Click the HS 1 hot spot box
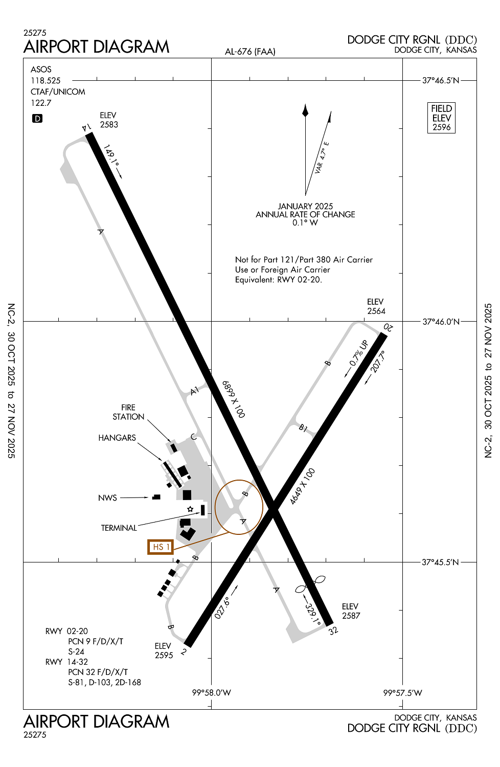pyautogui.click(x=160, y=547)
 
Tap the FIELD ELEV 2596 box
pyautogui.click(x=441, y=118)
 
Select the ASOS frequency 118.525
pyautogui.click(x=46, y=81)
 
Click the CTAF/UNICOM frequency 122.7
pyautogui.click(x=41, y=103)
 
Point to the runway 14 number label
pyautogui.click(x=86, y=127)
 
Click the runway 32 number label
pyautogui.click(x=333, y=630)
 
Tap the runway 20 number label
pyautogui.click(x=389, y=327)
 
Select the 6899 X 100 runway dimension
pyautogui.click(x=234, y=399)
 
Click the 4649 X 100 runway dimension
pyautogui.click(x=302, y=486)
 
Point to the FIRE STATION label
pyautogui.click(x=128, y=412)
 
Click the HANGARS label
pyautogui.click(x=117, y=438)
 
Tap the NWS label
pyautogui.click(x=107, y=498)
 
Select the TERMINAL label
pyautogui.click(x=119, y=528)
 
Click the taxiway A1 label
pyautogui.click(x=194, y=391)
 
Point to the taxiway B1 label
pyautogui.click(x=303, y=428)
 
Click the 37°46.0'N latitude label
pyautogui.click(x=441, y=322)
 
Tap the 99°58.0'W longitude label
pyautogui.click(x=211, y=693)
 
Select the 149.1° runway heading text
pyautogui.click(x=110, y=155)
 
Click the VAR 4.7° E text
pyautogui.click(x=322, y=157)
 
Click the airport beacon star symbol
pyautogui.click(x=190, y=509)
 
